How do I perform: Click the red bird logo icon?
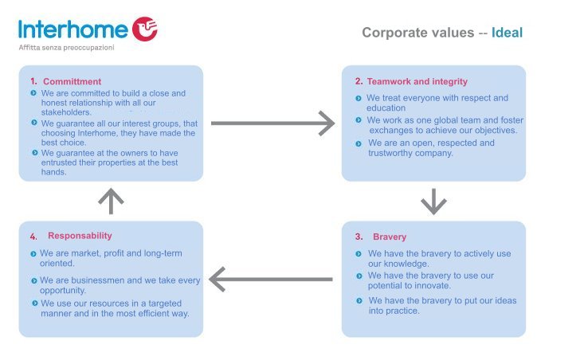pyautogui.click(x=145, y=29)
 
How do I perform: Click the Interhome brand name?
pyautogui.click(x=73, y=29)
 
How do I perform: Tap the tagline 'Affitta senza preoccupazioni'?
pyautogui.click(x=66, y=48)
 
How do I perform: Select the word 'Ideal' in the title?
pyautogui.click(x=507, y=33)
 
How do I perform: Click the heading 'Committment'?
pyautogui.click(x=72, y=81)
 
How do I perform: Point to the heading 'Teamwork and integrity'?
pyautogui.click(x=417, y=81)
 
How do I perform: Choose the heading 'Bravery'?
pyautogui.click(x=390, y=237)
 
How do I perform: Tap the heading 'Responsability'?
pyautogui.click(x=80, y=236)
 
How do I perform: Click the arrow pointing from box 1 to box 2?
pyautogui.click(x=272, y=123)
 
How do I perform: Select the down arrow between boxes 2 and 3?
pyautogui.click(x=433, y=202)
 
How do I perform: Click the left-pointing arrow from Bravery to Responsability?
pyautogui.click(x=271, y=280)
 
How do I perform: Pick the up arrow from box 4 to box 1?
pyautogui.click(x=111, y=201)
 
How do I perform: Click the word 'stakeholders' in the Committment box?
pyautogui.click(x=65, y=112)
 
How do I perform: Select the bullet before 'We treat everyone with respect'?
pyautogui.click(x=359, y=98)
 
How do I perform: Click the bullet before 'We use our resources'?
pyautogui.click(x=34, y=303)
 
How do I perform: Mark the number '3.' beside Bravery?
pyautogui.click(x=359, y=237)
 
